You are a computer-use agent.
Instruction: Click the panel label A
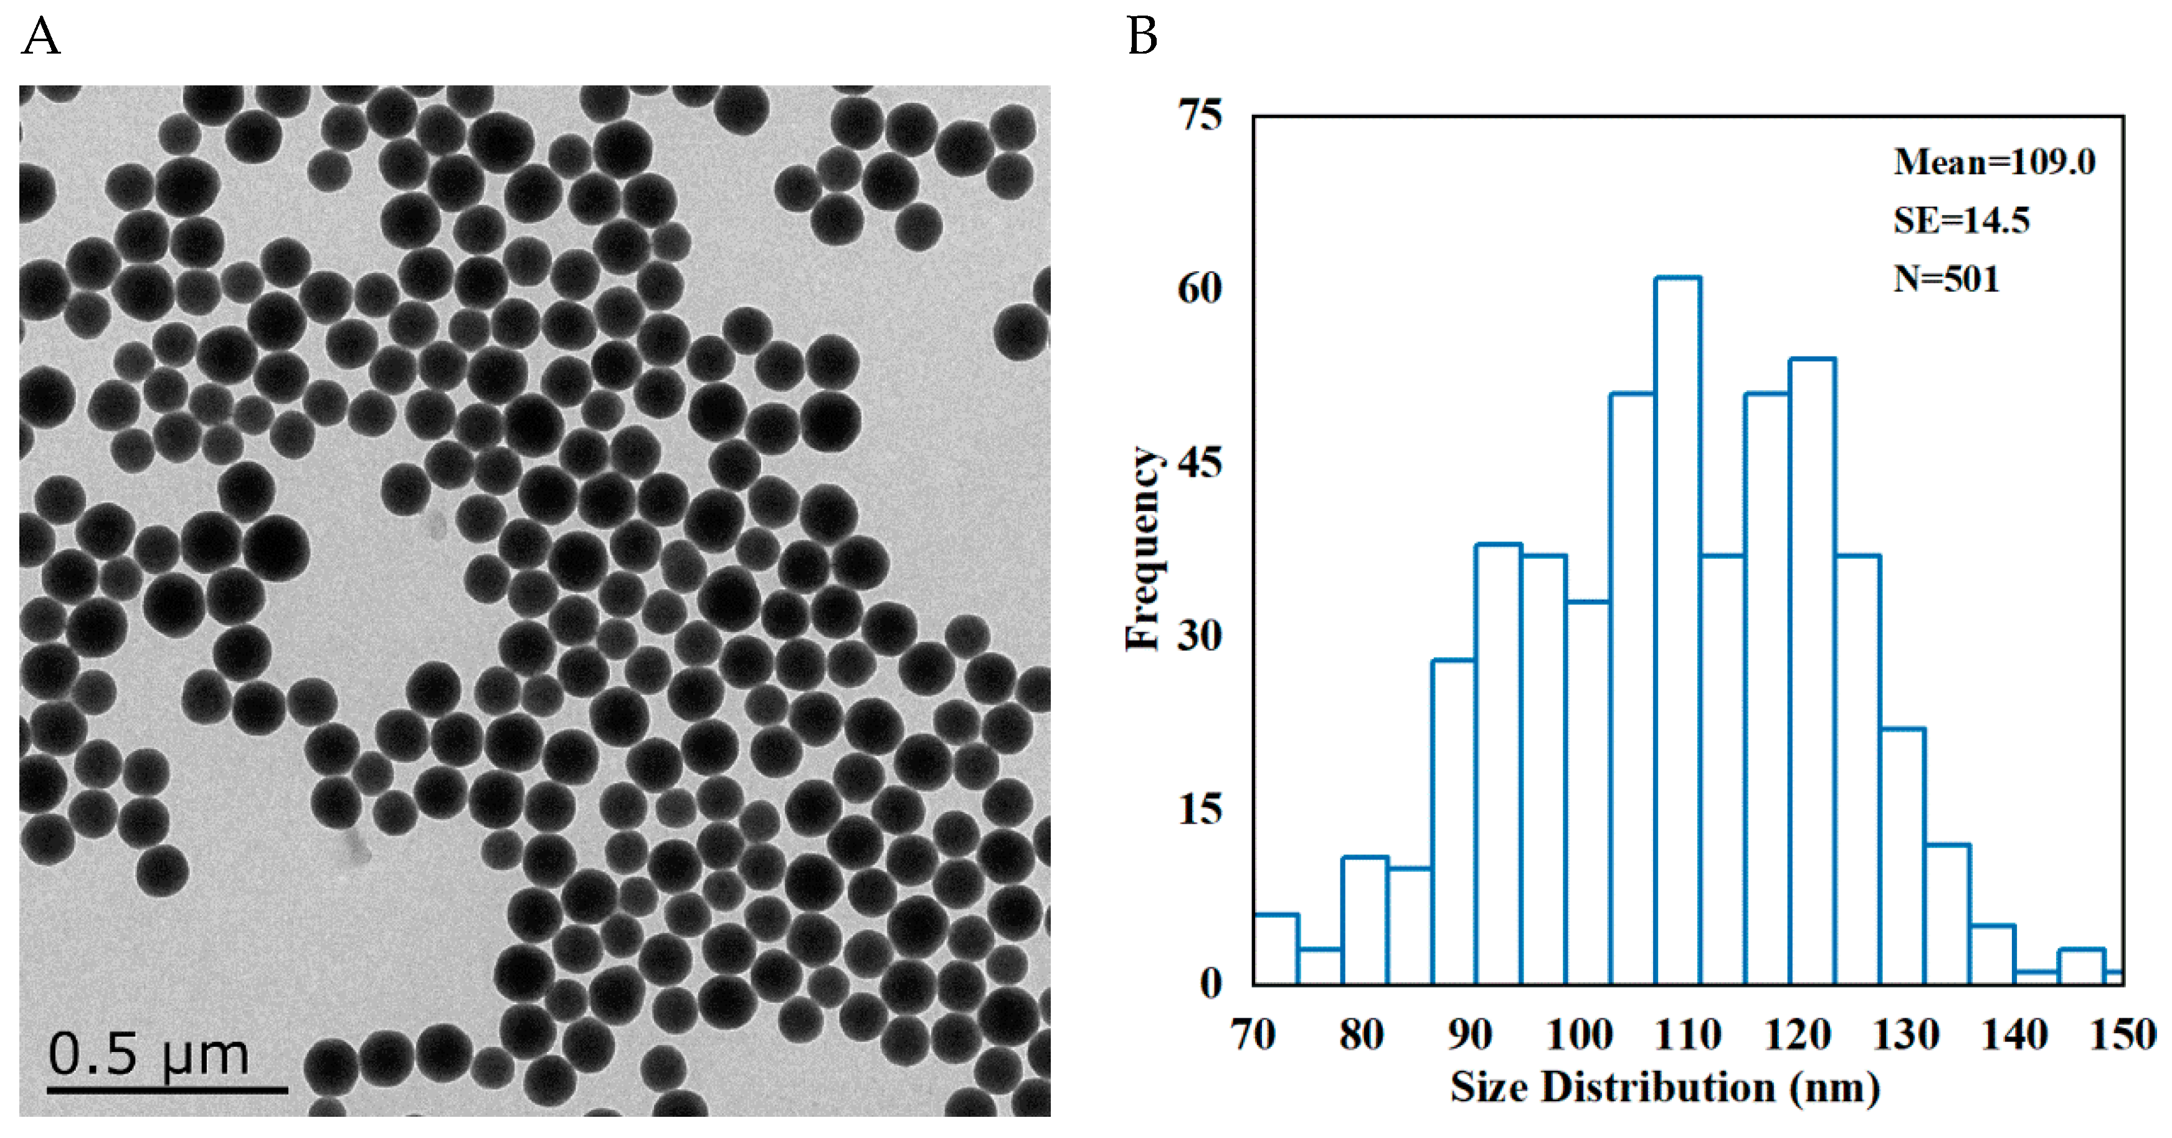pos(40,38)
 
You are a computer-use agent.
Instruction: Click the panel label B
pos(1142,38)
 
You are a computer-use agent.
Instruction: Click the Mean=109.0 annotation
pos(1994,162)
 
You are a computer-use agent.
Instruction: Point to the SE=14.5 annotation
pos(1961,221)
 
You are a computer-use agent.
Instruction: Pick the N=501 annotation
pos(1946,279)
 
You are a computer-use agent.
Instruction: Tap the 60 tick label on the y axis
pos(1200,289)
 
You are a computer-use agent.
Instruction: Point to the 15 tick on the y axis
pos(1200,811)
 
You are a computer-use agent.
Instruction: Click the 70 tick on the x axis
pos(1254,1035)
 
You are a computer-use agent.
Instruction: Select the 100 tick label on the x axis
pos(1579,1035)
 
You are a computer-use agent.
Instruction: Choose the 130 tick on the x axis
pos(1905,1035)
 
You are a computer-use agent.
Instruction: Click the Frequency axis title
pos(1144,549)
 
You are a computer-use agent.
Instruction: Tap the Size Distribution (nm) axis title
pos(1664,1088)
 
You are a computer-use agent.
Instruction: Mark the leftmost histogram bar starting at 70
pos(1276,949)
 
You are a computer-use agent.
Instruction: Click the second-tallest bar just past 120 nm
pos(1812,675)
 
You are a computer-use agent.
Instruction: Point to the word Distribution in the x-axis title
pos(1657,1088)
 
